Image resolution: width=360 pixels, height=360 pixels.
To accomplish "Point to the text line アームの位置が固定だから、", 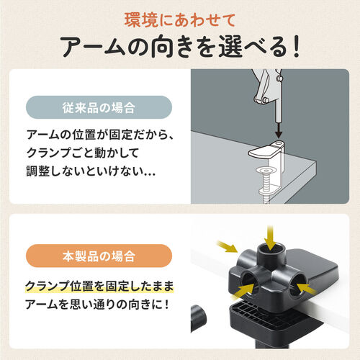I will pos(101,135).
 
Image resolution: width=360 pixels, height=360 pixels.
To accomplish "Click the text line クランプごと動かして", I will pos(85,155).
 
